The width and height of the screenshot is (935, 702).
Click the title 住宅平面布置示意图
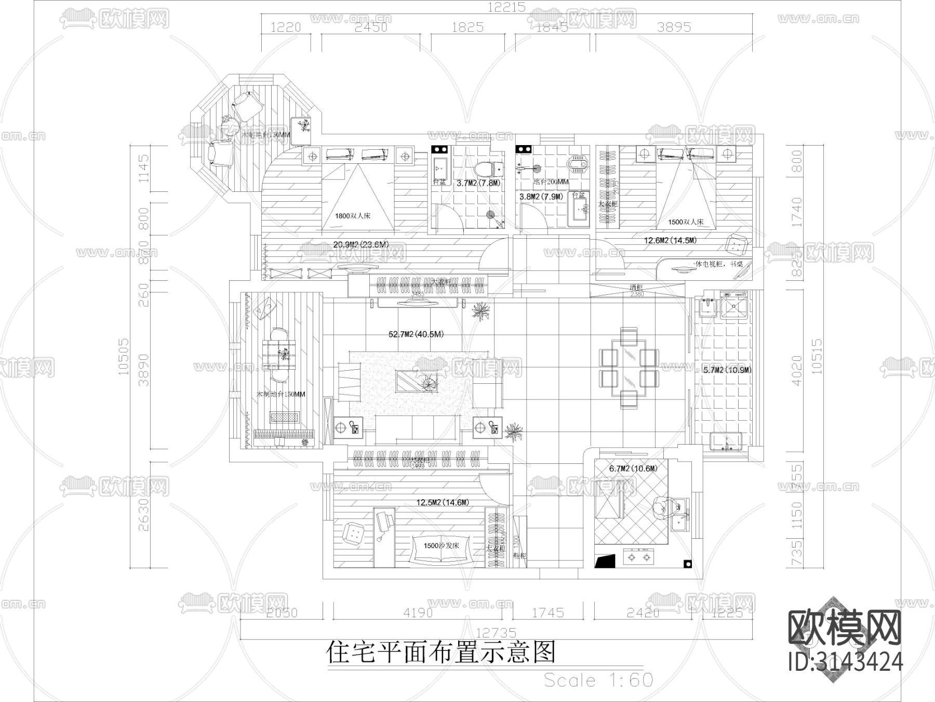pos(440,652)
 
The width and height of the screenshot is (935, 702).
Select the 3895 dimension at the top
pos(674,27)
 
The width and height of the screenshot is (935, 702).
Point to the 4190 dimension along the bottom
pos(418,613)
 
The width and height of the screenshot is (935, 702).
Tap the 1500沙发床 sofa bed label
pos(442,545)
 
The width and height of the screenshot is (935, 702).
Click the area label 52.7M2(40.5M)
pos(416,334)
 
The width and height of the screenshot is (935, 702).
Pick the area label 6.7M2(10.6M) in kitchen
pos(633,469)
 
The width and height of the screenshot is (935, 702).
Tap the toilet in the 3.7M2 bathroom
pos(488,167)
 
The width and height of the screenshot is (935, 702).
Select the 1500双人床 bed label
pos(685,222)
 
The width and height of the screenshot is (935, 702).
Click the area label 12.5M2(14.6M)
pos(443,502)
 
